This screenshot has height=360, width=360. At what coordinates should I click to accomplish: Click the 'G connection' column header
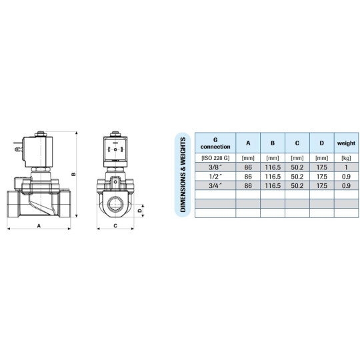(x=215, y=142)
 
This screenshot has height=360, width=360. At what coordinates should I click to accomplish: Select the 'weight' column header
(x=346, y=142)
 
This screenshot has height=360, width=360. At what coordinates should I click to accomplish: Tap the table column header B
(x=272, y=142)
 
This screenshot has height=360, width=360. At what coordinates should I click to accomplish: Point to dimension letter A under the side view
(x=39, y=227)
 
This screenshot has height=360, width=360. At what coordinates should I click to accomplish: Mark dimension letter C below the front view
(x=117, y=227)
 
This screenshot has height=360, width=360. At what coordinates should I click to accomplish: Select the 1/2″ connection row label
(x=215, y=176)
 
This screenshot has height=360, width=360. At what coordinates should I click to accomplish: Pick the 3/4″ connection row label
(x=215, y=185)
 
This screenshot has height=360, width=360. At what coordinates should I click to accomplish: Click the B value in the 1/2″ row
(x=272, y=176)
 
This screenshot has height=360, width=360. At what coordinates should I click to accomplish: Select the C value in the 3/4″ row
(x=297, y=185)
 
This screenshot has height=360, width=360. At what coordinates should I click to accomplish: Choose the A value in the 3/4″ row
(x=248, y=185)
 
